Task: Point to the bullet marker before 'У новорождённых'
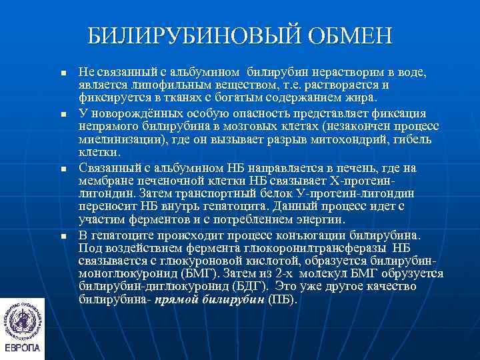62,115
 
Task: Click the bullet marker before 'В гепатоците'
62,237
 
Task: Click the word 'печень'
341,168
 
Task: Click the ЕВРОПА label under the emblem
22,349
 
